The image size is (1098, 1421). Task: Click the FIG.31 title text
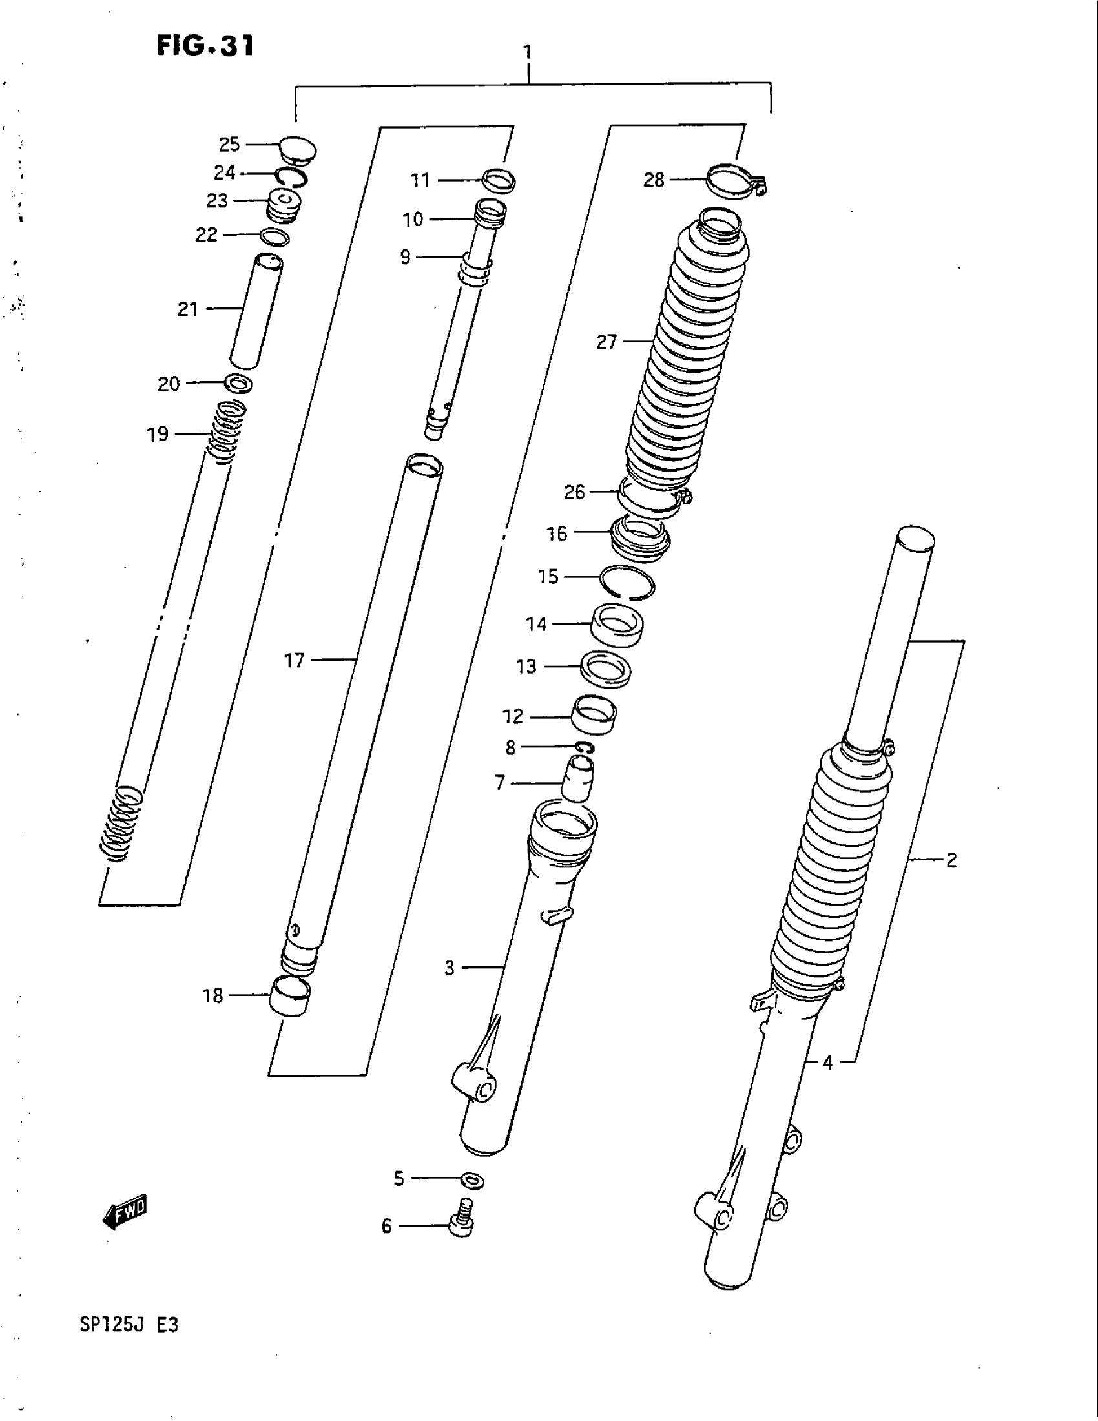tap(204, 47)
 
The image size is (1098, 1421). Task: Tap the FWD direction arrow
tap(125, 1211)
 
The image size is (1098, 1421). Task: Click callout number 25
tap(229, 144)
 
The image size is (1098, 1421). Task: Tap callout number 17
tap(294, 661)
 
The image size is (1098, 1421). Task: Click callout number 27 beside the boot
tap(606, 342)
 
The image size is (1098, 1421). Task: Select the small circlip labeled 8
tap(585, 748)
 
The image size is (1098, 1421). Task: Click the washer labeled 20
tap(239, 383)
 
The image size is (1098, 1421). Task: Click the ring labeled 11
tap(499, 180)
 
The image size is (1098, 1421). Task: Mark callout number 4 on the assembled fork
tap(827, 1063)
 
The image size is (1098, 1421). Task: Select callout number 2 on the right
tap(951, 861)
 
